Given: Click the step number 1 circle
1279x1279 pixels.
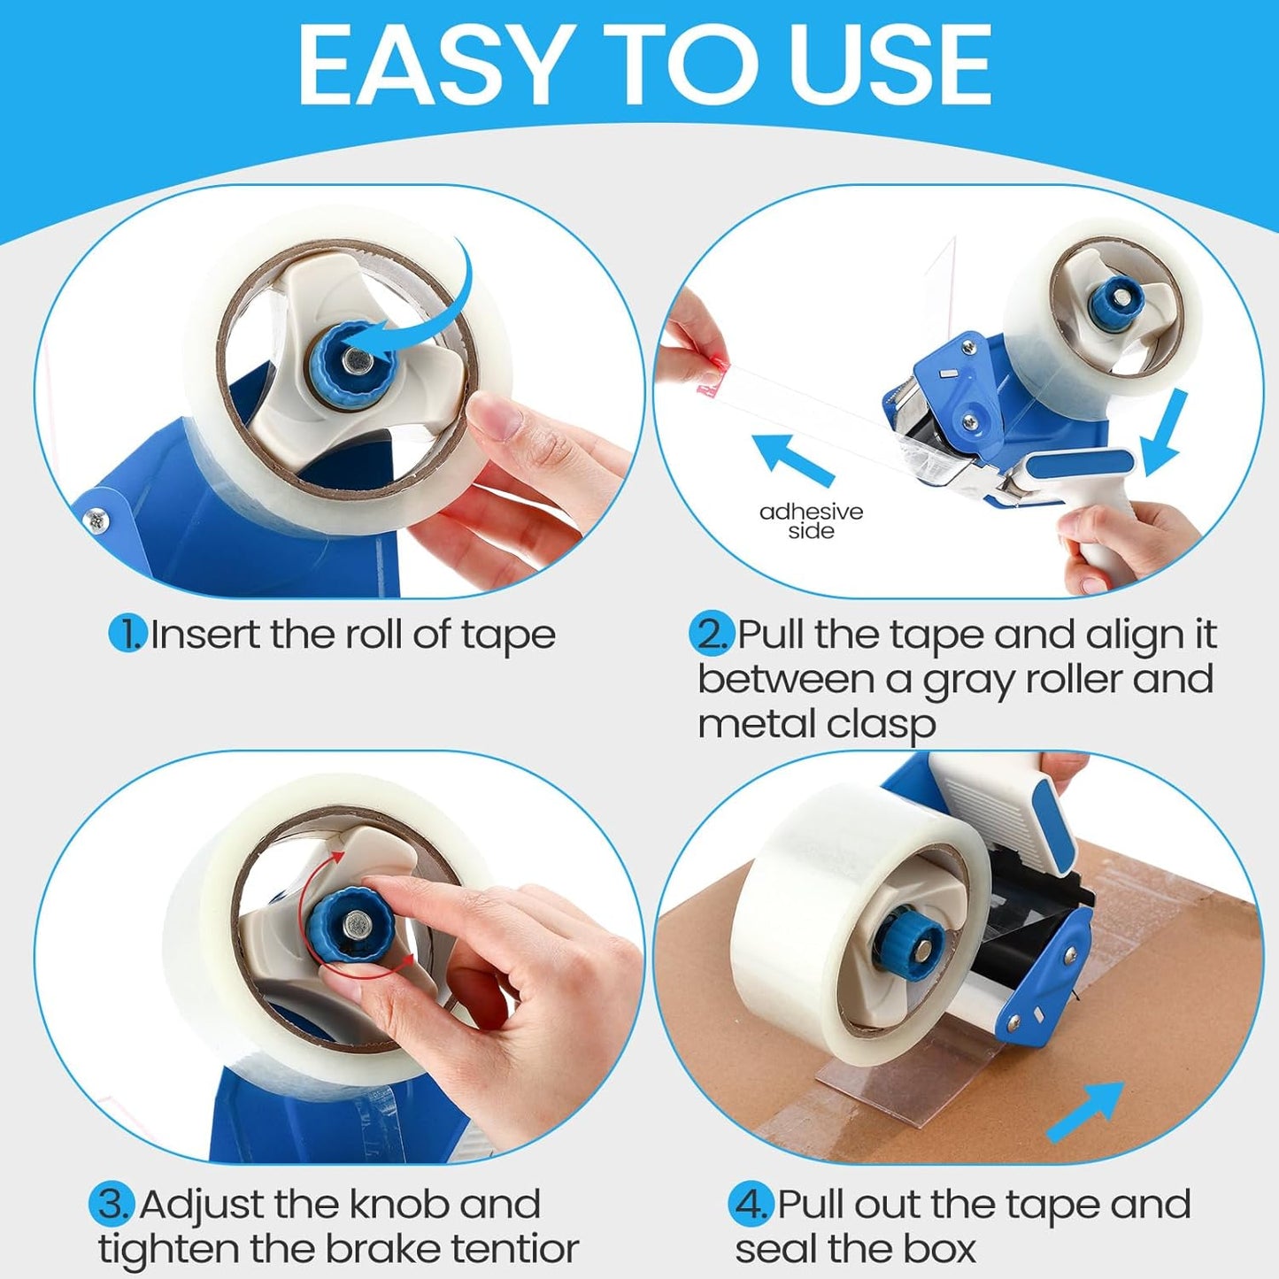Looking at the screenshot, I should [127, 635].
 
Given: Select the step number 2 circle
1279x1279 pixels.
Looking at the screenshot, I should [711, 635].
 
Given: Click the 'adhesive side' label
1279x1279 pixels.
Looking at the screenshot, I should [811, 521].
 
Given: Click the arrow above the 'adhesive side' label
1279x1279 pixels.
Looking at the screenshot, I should [791, 458].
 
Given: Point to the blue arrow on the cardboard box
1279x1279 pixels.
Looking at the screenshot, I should [1085, 1111].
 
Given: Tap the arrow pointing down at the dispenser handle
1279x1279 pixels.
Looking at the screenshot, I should [1164, 434].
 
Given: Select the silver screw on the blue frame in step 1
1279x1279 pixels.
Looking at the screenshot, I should [96, 522].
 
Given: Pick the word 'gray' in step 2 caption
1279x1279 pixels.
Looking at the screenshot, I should [969, 681].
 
